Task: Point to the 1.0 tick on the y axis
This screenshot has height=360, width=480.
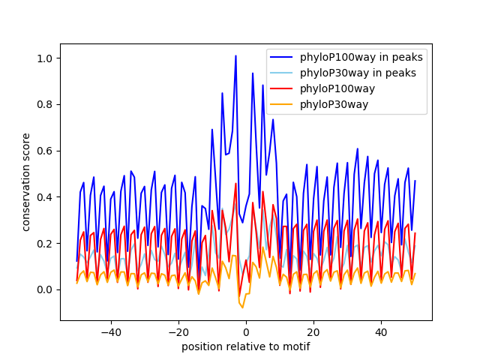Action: point(46,58)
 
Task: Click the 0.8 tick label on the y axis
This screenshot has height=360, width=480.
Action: point(46,105)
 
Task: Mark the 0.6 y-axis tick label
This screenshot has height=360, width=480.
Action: point(46,151)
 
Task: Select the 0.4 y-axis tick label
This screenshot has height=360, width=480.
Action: point(46,197)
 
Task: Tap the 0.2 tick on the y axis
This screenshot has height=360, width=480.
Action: point(46,244)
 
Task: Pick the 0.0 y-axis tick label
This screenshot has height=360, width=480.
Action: point(46,289)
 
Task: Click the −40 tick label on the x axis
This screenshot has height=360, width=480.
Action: point(111,331)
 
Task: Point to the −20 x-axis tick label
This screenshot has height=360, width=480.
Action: point(178,331)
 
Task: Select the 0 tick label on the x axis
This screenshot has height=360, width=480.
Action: point(246,331)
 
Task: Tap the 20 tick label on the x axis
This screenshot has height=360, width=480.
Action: point(313,331)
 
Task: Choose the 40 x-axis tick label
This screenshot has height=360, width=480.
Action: point(381,331)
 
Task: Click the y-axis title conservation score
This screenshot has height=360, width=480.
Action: point(26,181)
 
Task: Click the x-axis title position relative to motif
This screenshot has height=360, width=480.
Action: point(246,346)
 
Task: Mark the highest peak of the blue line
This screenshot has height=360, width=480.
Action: point(235,55)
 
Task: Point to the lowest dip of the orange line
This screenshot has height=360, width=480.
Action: point(242,307)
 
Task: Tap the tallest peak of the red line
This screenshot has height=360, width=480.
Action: point(235,184)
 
